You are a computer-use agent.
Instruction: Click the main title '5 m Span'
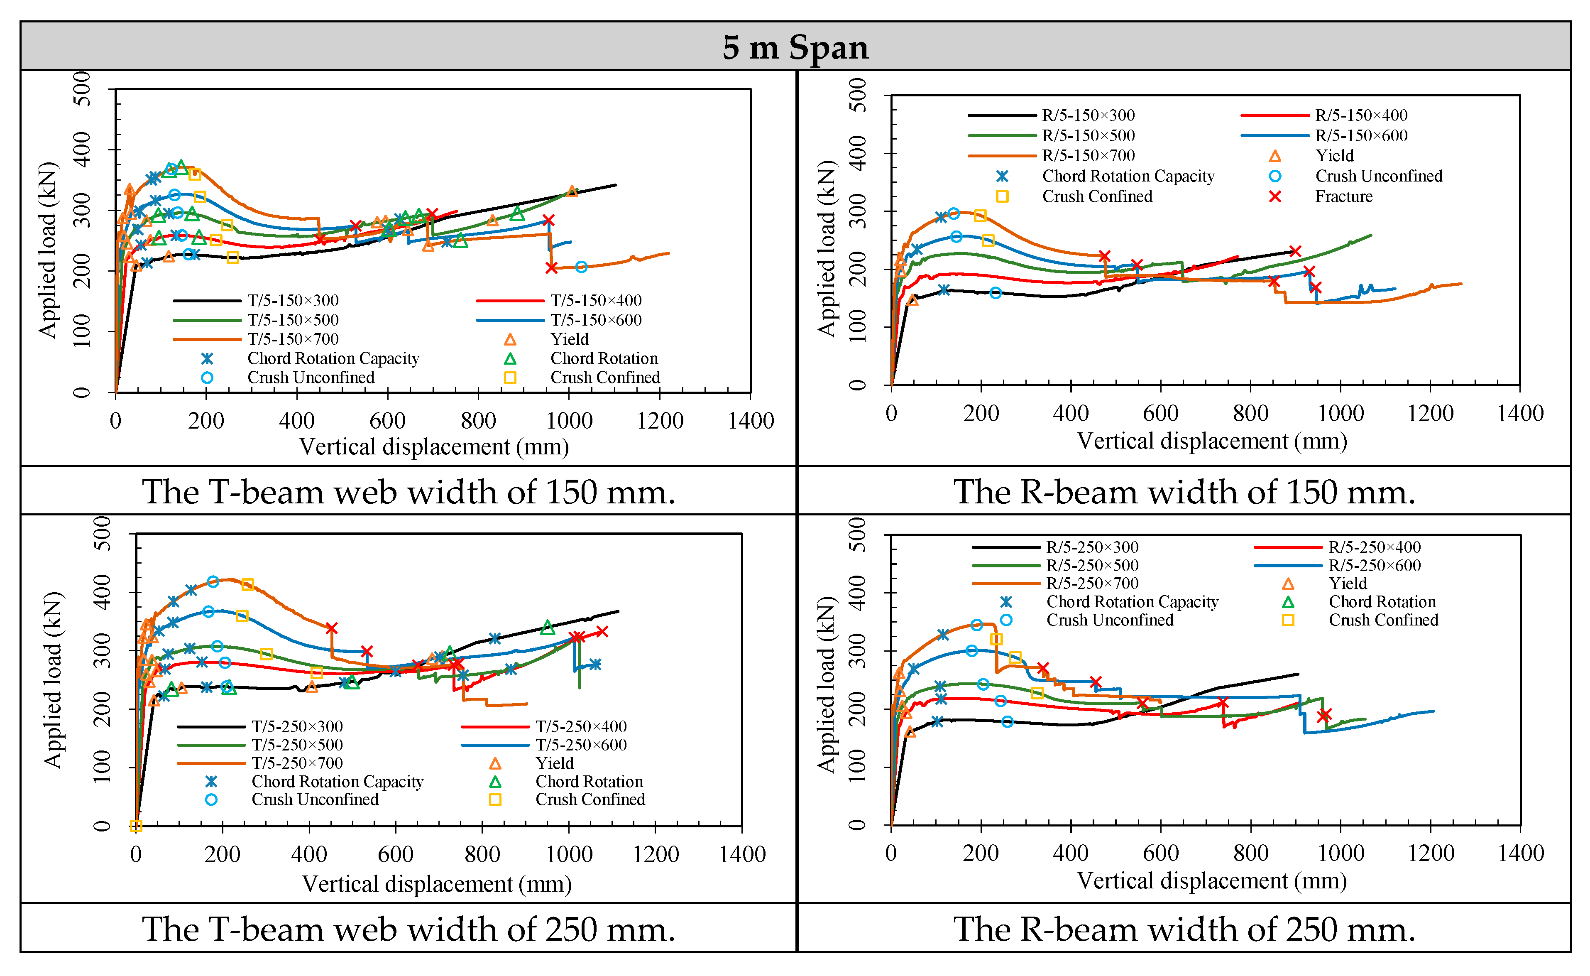pos(795,47)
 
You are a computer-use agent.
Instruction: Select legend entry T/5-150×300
pos(292,301)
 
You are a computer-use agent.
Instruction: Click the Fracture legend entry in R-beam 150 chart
pos(1343,196)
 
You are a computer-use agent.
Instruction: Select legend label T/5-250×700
pos(297,763)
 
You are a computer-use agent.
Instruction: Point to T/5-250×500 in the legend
pos(297,745)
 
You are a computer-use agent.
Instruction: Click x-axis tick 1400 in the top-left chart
pos(751,421)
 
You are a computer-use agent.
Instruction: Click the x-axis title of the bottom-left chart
pos(437,884)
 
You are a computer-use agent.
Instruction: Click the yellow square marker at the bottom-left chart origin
pos(135,826)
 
